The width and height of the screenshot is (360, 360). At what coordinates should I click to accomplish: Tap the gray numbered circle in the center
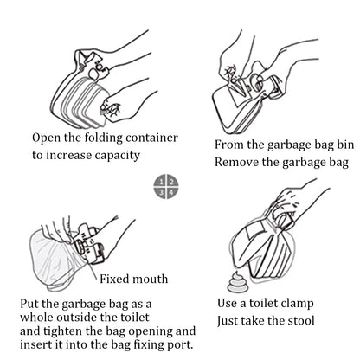pos(170,185)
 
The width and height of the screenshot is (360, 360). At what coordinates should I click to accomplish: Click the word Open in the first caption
pos(47,138)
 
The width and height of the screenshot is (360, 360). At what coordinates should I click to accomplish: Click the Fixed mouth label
pos(132,280)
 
